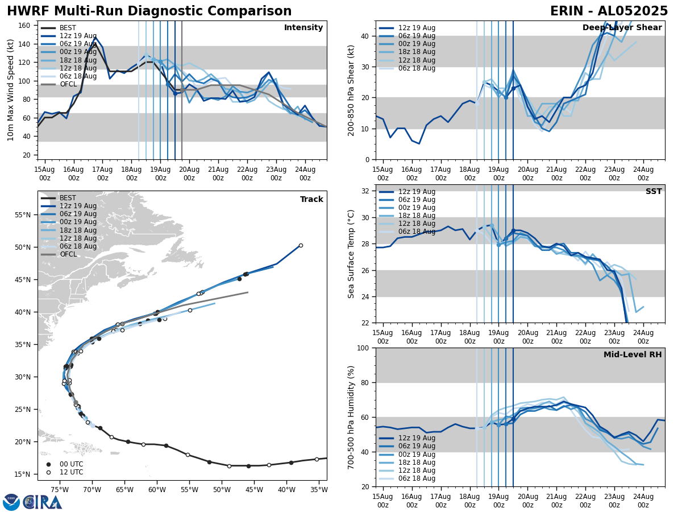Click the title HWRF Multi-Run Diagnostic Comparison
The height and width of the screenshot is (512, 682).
click(x=149, y=11)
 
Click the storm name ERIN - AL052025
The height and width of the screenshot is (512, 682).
click(x=609, y=11)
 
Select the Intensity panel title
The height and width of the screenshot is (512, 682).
click(x=303, y=28)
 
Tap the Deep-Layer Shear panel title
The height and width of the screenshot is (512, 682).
click(x=622, y=28)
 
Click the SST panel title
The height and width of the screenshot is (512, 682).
click(x=654, y=192)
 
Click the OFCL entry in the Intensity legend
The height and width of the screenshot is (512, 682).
click(x=68, y=84)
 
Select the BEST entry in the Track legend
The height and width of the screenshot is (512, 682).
click(x=68, y=198)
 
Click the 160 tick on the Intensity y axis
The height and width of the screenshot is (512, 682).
click(x=25, y=26)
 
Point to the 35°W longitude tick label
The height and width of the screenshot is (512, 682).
click(x=319, y=489)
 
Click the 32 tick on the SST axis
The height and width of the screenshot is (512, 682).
click(x=367, y=191)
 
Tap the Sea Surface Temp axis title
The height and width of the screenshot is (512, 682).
click(x=351, y=254)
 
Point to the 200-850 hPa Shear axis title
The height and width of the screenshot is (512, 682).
click(x=351, y=90)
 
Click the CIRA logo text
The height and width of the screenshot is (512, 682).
click(x=43, y=502)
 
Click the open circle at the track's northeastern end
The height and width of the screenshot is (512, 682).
click(x=301, y=246)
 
